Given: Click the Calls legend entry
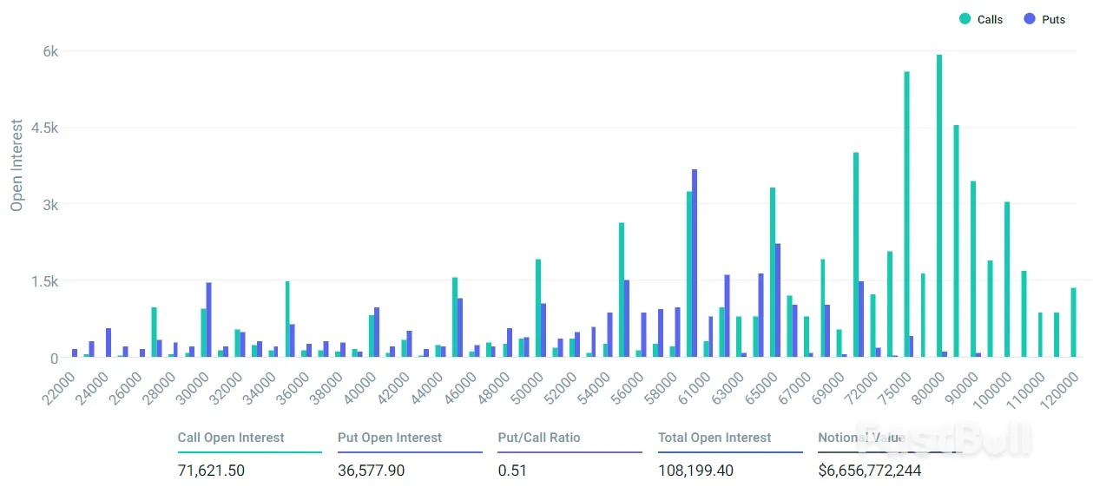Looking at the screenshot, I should (981, 19).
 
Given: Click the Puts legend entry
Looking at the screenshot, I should (1044, 19).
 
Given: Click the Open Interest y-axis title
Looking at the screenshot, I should (16, 165).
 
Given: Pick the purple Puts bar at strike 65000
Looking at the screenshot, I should (778, 300).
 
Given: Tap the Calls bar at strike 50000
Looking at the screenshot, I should (538, 308).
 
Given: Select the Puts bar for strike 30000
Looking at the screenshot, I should (209, 319).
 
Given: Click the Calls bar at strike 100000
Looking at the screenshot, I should (1006, 279).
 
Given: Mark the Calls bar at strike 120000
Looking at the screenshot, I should (1073, 322).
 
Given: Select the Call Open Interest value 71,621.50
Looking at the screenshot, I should (211, 471).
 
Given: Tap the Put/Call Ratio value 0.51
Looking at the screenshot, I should (512, 471).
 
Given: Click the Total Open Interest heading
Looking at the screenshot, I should (714, 438).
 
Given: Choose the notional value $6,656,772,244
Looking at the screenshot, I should (869, 471).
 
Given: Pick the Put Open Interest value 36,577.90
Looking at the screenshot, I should (371, 471).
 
